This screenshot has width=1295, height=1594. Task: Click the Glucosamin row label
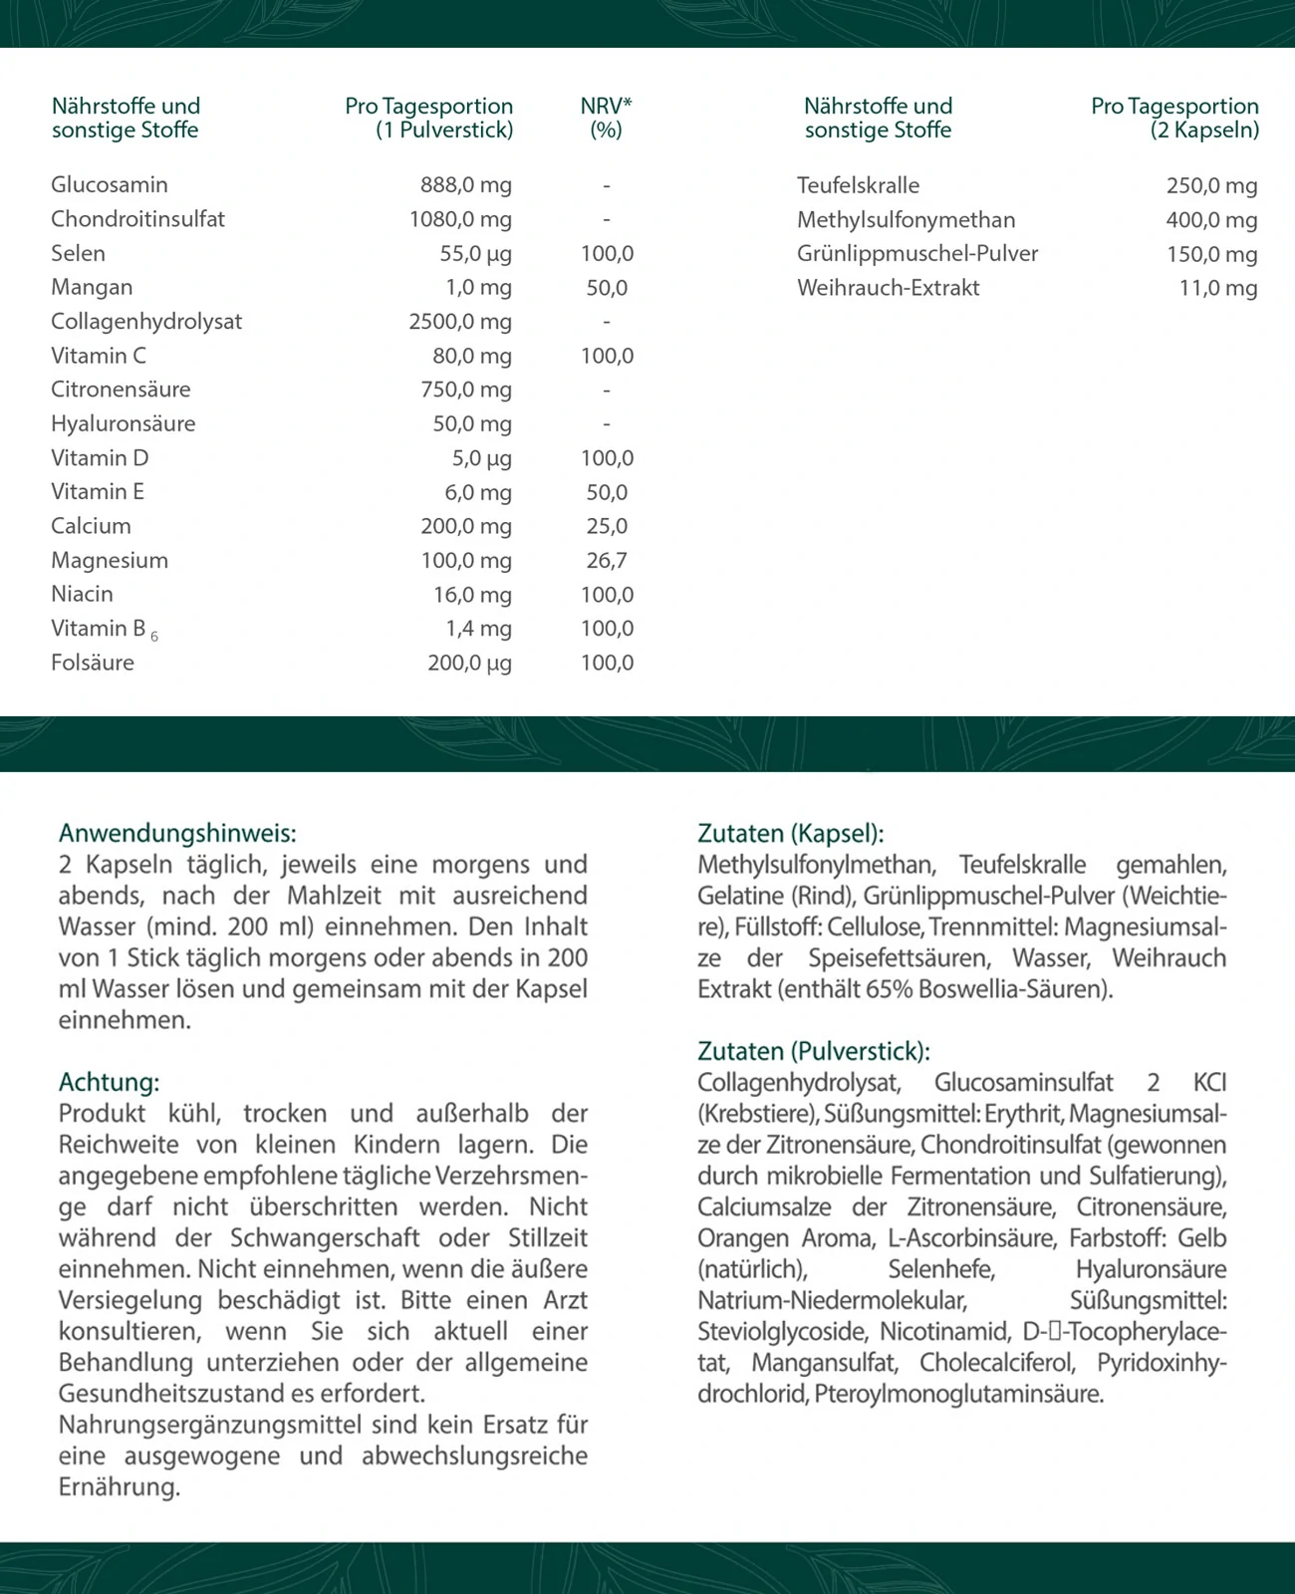click(x=110, y=185)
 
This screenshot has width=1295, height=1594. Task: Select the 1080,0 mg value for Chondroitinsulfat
click(x=460, y=219)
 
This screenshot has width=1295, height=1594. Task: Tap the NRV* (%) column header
click(x=606, y=118)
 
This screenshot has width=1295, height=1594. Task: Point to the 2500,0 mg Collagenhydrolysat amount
click(x=460, y=322)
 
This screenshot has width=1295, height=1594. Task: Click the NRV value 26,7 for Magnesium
click(x=607, y=561)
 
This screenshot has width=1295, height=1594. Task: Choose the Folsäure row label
click(x=93, y=663)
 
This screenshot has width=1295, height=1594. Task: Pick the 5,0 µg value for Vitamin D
click(x=482, y=458)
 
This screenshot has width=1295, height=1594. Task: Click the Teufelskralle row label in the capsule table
click(x=858, y=185)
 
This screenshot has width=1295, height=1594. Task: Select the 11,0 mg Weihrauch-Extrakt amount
click(x=1218, y=288)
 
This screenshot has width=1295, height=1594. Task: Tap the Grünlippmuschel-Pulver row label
click(x=917, y=254)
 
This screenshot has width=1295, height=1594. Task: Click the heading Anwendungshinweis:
click(x=177, y=833)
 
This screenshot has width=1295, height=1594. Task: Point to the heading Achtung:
click(x=109, y=1082)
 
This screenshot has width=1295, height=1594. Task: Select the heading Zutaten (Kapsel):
click(x=790, y=833)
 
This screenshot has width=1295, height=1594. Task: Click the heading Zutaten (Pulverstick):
click(x=813, y=1051)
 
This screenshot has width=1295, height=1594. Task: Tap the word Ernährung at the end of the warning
click(x=120, y=1487)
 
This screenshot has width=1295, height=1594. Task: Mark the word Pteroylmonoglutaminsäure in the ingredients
click(x=958, y=1394)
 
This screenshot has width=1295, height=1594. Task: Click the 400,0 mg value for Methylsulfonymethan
click(x=1211, y=220)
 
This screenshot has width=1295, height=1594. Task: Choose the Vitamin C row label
click(x=99, y=356)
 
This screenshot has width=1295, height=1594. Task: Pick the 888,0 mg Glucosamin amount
click(x=466, y=185)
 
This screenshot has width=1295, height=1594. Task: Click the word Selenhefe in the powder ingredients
click(x=941, y=1269)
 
